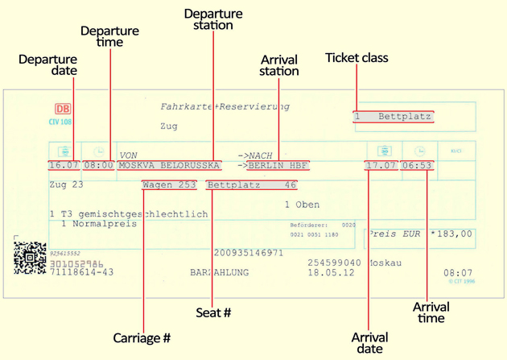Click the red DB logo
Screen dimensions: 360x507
click(x=63, y=109)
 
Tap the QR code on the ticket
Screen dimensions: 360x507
click(x=30, y=258)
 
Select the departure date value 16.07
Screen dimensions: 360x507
click(x=64, y=165)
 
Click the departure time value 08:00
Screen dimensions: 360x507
click(x=98, y=165)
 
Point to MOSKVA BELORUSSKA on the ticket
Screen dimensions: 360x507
click(x=169, y=165)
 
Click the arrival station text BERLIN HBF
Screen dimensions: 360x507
click(x=278, y=165)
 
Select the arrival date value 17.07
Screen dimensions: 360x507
click(x=381, y=165)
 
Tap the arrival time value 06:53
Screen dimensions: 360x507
click(x=417, y=165)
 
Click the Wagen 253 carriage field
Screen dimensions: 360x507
click(x=169, y=184)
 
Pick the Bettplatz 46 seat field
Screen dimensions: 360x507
click(x=251, y=184)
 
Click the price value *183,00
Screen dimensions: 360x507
click(x=451, y=234)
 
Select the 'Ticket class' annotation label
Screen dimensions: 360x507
click(x=357, y=58)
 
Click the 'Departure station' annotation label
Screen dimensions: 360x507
click(x=213, y=19)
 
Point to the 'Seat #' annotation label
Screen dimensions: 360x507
click(x=213, y=312)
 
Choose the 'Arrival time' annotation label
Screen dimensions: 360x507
click(x=431, y=312)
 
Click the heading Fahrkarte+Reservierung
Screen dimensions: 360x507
click(x=225, y=106)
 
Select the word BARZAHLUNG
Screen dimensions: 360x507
click(x=220, y=273)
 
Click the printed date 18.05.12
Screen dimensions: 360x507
click(x=330, y=273)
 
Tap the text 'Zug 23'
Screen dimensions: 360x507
click(x=66, y=184)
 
